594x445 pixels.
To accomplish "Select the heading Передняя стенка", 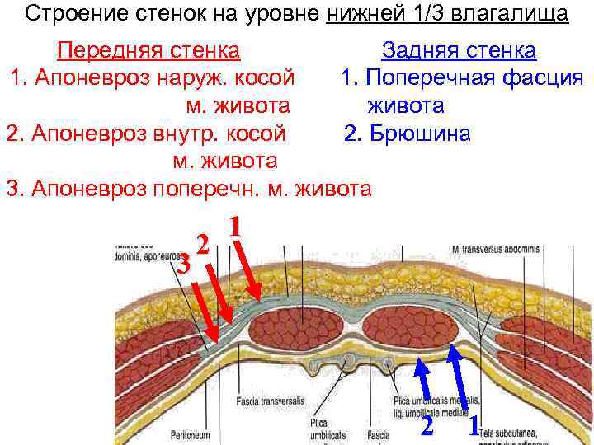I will click(x=148, y=51).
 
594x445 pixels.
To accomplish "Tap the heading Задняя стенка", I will click(x=459, y=51).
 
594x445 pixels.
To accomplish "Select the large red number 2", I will click(x=202, y=245).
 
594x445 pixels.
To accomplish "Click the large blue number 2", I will click(x=427, y=425).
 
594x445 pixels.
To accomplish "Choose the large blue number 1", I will click(x=474, y=425).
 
